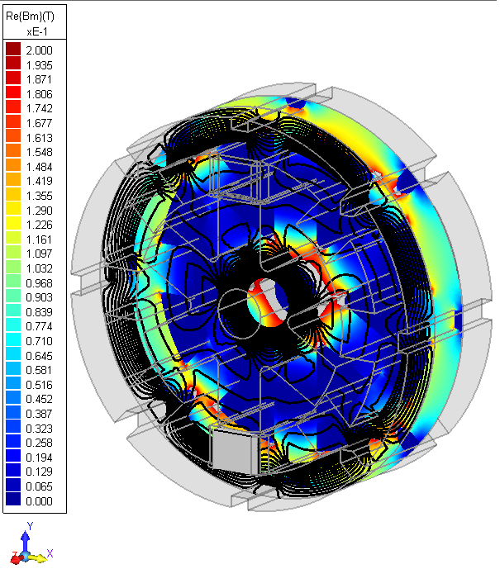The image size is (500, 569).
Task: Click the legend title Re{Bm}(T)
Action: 33,16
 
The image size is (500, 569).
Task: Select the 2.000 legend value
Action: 40,50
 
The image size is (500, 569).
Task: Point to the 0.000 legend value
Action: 40,500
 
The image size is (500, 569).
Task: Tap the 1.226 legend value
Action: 40,225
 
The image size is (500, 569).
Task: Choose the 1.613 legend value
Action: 40,137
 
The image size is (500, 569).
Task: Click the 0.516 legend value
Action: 40,384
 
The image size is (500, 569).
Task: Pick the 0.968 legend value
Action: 40,282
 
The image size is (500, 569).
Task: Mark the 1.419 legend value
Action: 40,181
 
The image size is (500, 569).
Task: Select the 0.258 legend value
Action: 40,442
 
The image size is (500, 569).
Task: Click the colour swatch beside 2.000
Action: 13,50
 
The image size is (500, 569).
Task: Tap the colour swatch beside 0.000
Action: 13,500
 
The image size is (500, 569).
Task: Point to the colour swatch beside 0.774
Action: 13,326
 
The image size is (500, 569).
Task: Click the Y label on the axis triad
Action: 29,525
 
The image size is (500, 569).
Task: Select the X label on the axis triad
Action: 50,553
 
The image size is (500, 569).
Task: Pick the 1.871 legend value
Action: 40,79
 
